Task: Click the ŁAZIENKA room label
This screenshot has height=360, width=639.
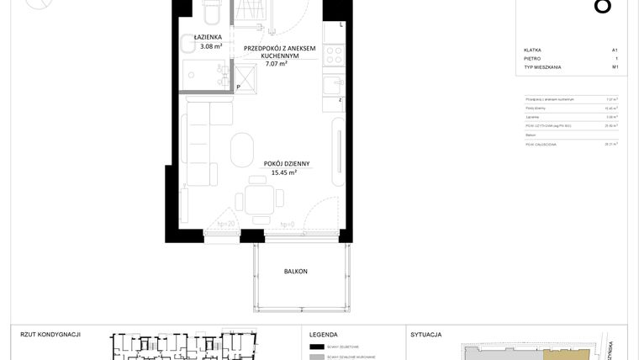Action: coord(208,38)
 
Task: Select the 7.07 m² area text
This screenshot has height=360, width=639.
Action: coord(277,63)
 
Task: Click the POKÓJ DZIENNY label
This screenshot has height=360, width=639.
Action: coord(287,164)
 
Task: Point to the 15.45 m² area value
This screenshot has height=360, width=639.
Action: coord(286,173)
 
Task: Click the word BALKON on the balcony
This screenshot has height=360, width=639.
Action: coord(295,271)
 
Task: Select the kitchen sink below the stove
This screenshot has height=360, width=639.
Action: coord(334,84)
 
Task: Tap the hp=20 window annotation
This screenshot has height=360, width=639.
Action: coord(225,225)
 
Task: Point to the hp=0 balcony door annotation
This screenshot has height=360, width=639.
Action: coord(288,225)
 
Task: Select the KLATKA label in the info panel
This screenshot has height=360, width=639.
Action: coord(532,50)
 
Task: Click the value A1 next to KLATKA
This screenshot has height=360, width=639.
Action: coord(615,50)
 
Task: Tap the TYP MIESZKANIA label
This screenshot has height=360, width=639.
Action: coord(542,67)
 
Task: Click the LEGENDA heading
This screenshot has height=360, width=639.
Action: coord(324,334)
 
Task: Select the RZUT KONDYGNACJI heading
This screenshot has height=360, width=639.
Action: coord(50,334)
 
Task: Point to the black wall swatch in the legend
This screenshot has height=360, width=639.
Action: coord(317,347)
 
